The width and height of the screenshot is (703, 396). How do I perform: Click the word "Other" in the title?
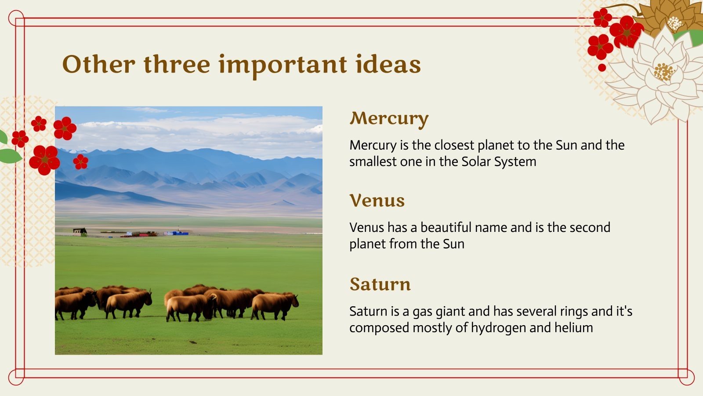click(x=99, y=64)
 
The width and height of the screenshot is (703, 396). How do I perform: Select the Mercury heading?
click(x=389, y=119)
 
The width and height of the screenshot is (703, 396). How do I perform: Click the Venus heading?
click(x=377, y=201)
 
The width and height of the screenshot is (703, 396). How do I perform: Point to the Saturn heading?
click(x=380, y=284)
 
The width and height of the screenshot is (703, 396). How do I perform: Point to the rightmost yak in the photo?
click(x=275, y=305)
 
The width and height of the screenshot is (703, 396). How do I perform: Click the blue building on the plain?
click(x=176, y=233)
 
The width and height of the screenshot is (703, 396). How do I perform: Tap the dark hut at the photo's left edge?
click(x=80, y=231)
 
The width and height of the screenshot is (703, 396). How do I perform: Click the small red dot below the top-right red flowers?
click(x=602, y=68)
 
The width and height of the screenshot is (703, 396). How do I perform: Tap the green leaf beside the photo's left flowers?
click(x=10, y=156)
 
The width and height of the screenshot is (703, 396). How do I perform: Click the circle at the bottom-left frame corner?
click(x=16, y=377)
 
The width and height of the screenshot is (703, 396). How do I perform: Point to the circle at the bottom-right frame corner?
click(x=686, y=377)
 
